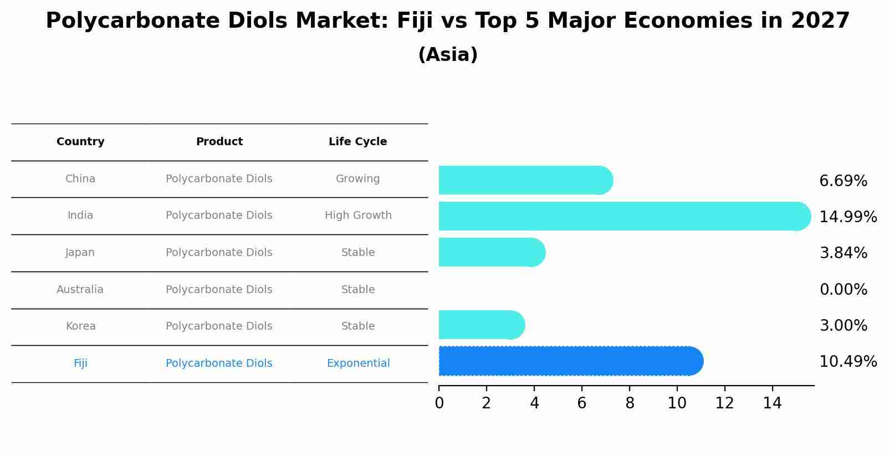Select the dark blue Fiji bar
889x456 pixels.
click(571, 361)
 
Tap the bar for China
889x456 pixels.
click(525, 180)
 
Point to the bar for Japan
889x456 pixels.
click(492, 252)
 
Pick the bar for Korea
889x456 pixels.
click(481, 325)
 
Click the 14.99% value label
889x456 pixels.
click(847, 217)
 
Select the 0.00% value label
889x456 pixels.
click(843, 289)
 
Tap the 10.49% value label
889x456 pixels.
click(847, 362)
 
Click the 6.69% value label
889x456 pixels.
click(843, 181)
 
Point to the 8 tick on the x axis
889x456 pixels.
click(630, 403)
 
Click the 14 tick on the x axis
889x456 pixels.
click(772, 403)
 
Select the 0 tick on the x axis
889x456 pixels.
click(439, 403)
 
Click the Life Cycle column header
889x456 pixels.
click(357, 142)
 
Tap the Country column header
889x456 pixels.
click(80, 142)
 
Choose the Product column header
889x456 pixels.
click(219, 142)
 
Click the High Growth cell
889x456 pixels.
click(358, 216)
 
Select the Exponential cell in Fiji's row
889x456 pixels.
click(358, 363)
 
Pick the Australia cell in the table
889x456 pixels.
click(80, 289)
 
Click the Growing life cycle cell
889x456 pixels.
click(357, 179)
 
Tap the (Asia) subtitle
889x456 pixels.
click(448, 55)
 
